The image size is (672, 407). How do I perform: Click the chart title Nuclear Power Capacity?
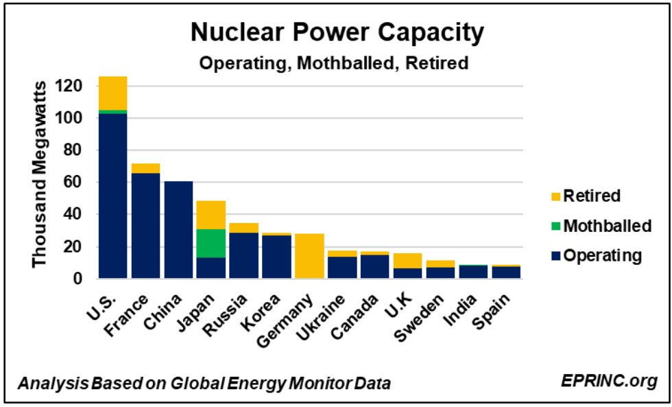click(x=336, y=33)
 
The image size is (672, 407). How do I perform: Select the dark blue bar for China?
click(x=178, y=230)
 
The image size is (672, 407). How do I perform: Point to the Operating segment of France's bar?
click(x=145, y=226)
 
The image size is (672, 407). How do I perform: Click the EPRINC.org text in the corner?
click(x=608, y=380)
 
